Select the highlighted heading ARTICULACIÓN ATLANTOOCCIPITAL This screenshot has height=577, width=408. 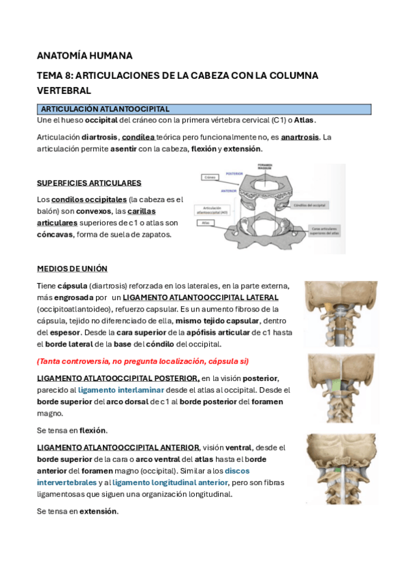[x=106, y=109]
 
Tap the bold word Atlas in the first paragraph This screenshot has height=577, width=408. [x=304, y=120]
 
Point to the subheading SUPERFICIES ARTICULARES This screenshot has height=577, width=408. [x=89, y=183]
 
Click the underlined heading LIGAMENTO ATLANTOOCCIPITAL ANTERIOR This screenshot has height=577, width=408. [x=118, y=447]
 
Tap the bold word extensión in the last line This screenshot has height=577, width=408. [x=99, y=511]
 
